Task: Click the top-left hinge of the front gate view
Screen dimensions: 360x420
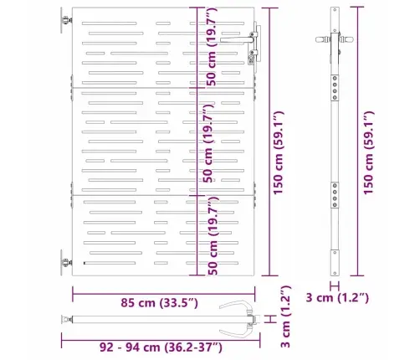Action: click(x=64, y=22)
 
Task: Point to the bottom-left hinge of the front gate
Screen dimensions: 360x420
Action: click(x=64, y=262)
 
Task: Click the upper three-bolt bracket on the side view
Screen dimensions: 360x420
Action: click(x=335, y=84)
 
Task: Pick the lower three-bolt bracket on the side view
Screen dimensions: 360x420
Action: click(x=335, y=195)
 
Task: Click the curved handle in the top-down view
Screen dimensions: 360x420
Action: click(x=243, y=319)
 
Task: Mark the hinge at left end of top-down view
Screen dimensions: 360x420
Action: click(x=65, y=320)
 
